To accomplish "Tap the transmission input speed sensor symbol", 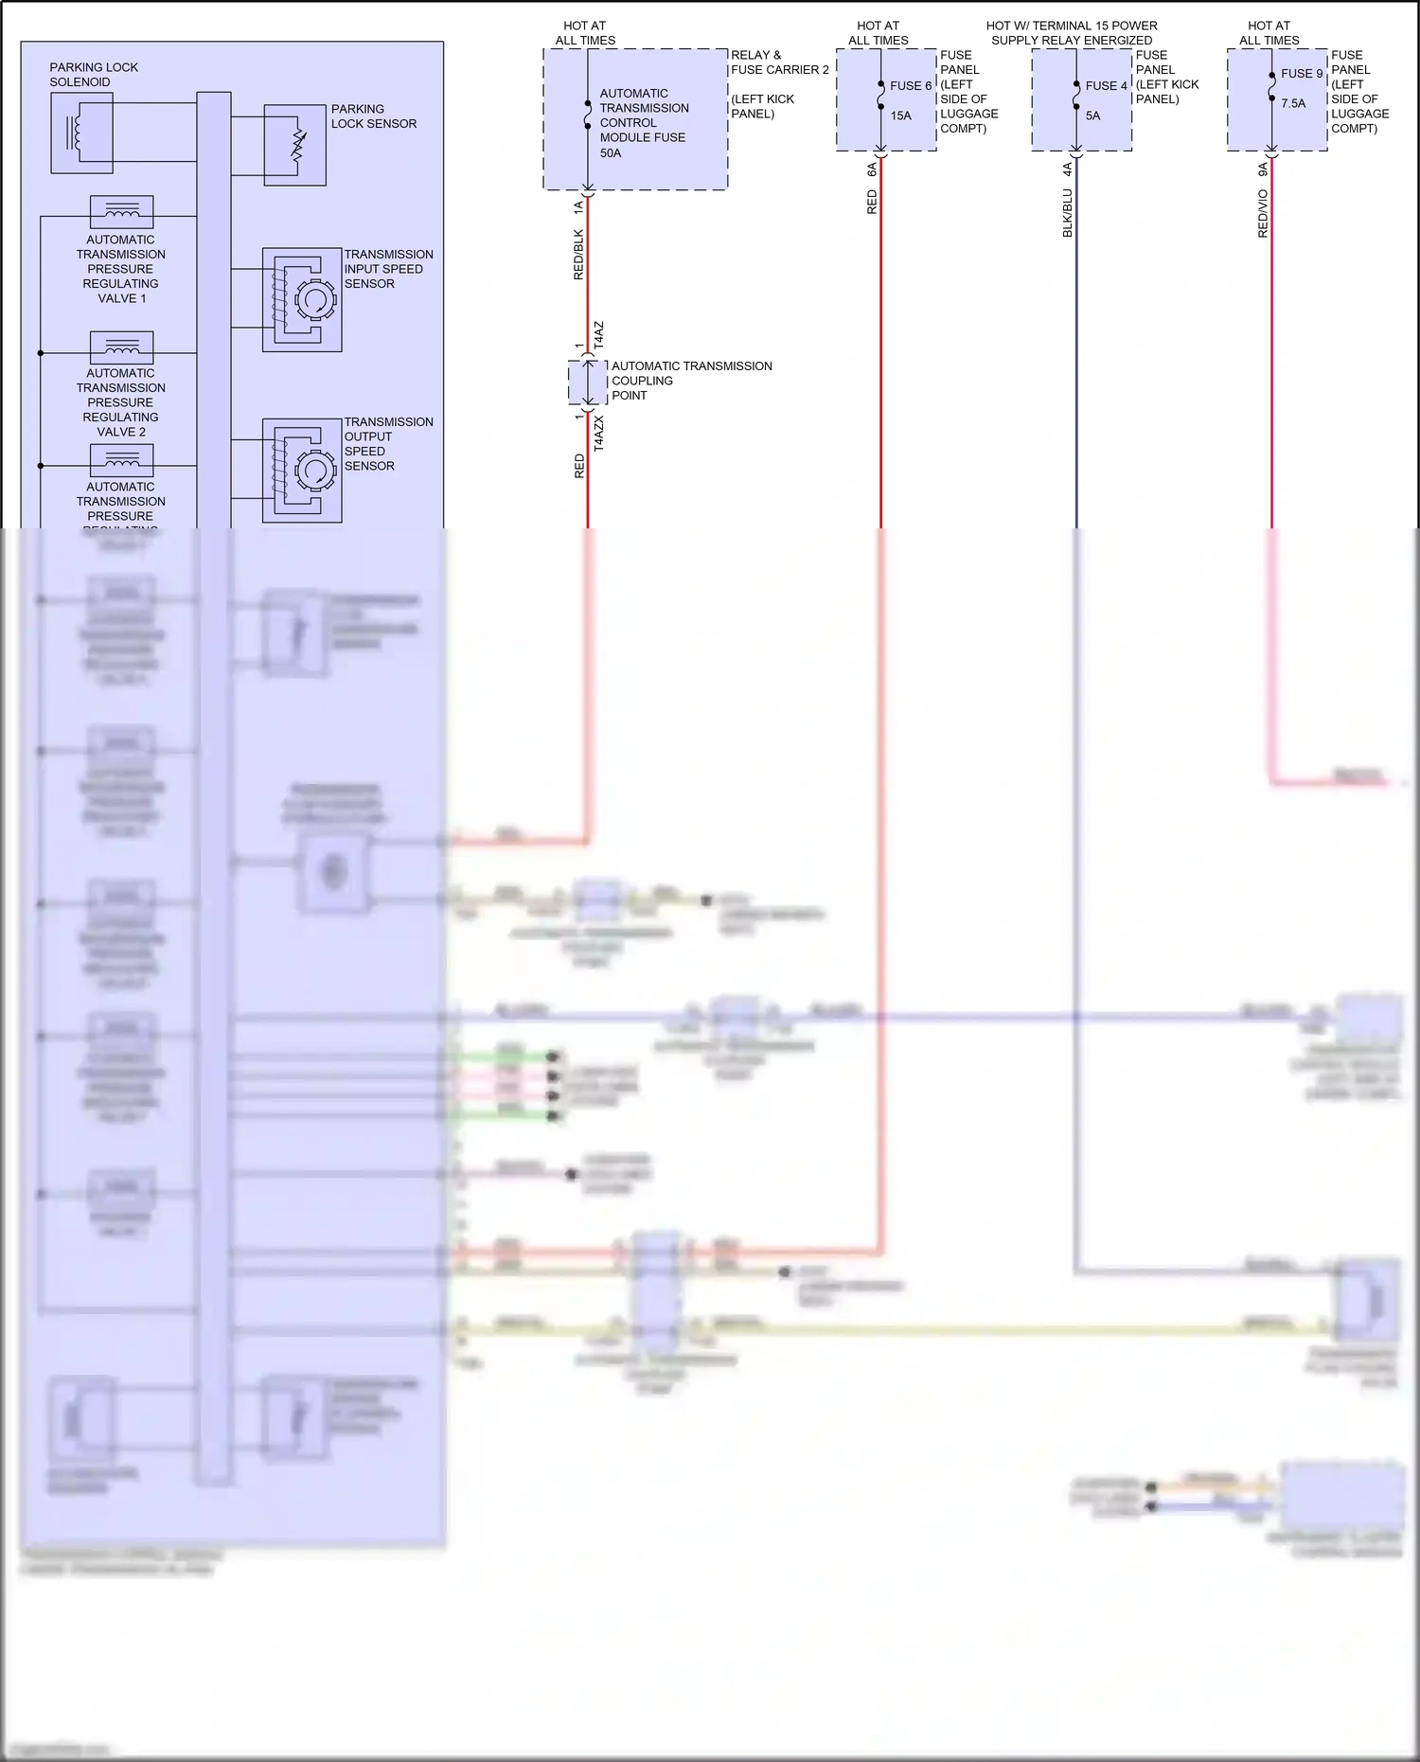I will pos(302,300).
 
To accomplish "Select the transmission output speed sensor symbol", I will pos(302,470).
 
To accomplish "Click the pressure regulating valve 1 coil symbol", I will pos(121,212).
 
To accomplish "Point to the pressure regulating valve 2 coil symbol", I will pos(121,347).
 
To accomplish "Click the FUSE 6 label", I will pos(910,85).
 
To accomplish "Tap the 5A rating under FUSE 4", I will pos(1092,116).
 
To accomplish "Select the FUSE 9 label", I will pos(1301,74).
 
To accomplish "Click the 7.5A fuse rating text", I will pos(1292,103).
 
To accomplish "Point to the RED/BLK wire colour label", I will pos(578,254).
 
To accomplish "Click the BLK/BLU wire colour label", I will pos(1067,212).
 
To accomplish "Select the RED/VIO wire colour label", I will pos(1262,213).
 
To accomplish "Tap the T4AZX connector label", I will pos(598,433).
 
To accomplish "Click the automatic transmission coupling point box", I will pos(587,382).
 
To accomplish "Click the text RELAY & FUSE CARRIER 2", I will pos(779,62).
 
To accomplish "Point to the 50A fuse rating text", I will pos(611,152).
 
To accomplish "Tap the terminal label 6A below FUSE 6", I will pos(872,169).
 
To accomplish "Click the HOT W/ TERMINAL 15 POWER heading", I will pos(1072,26).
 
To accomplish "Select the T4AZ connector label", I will pos(598,335).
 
